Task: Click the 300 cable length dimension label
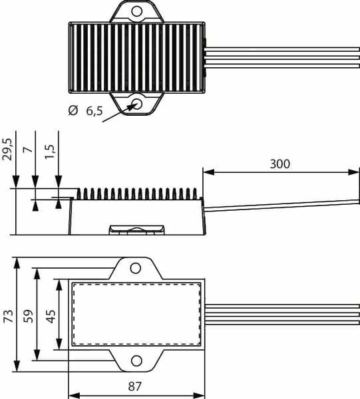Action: point(279,164)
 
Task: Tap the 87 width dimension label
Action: point(134,386)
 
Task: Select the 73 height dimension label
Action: point(9,316)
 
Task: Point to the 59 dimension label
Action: point(28,316)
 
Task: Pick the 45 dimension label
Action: point(51,317)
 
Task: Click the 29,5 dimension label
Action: point(7,149)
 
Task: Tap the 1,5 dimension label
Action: point(50,152)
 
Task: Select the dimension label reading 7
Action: point(28,150)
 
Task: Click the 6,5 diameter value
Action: point(94,111)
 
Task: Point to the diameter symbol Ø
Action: point(73,110)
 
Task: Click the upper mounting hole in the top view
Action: point(136,11)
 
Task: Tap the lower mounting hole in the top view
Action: point(137,104)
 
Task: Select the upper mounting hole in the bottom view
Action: point(136,268)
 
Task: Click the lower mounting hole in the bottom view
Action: point(136,361)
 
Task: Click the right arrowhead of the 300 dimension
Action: point(353,172)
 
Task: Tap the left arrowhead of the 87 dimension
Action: point(75,396)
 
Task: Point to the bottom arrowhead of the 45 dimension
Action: point(59,344)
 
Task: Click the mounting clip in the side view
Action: point(136,229)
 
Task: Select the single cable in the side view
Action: point(282,205)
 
